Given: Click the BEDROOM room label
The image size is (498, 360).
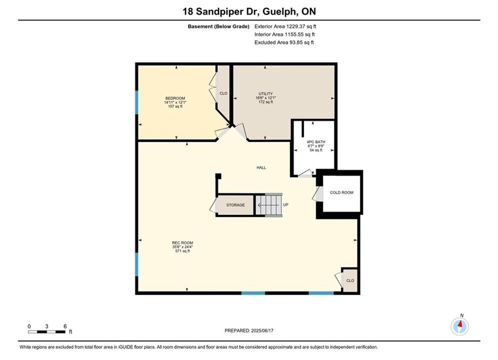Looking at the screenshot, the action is [175, 98].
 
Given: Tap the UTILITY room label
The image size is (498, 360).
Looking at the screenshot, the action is [265, 94].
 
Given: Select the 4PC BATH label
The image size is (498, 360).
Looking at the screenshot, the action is [316, 142].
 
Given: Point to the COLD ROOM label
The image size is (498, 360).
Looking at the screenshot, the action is [341, 192].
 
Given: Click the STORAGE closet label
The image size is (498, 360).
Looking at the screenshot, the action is [235, 205].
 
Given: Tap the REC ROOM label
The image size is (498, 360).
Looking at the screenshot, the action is [182, 243].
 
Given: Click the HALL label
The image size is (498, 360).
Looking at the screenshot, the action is [261, 167].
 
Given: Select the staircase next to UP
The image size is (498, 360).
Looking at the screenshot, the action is [269, 205].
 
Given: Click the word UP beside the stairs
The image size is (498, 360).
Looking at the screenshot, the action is [285, 205].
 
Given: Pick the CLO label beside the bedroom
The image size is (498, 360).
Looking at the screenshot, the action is [223, 93].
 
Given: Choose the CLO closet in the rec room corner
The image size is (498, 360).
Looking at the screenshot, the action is [350, 280].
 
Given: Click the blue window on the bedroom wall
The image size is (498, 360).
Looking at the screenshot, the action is [137, 102].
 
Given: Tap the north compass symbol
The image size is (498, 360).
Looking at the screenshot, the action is [459, 326].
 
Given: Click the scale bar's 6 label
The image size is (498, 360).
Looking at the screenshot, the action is [65, 326].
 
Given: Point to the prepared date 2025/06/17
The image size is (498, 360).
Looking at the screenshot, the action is [262, 330].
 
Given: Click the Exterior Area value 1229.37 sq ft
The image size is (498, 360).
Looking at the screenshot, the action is [301, 26].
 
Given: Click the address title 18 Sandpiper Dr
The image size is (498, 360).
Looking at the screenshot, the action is [222, 11].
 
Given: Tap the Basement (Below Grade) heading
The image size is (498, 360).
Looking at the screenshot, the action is [219, 26].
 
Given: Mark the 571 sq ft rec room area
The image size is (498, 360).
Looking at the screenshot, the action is [182, 251].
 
